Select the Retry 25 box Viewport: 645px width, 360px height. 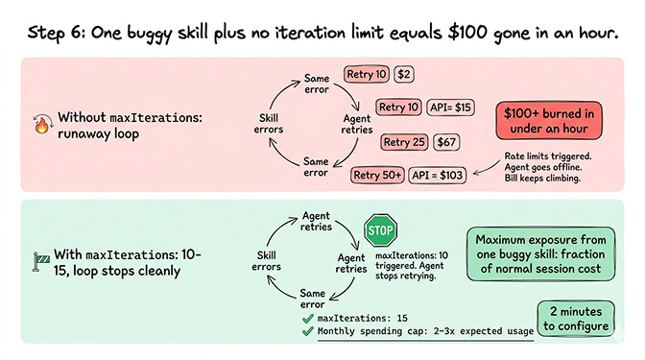tap(404, 142)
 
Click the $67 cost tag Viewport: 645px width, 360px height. tap(448, 142)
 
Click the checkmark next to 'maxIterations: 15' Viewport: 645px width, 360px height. tap(306, 316)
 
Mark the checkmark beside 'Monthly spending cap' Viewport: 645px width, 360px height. tap(306, 332)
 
